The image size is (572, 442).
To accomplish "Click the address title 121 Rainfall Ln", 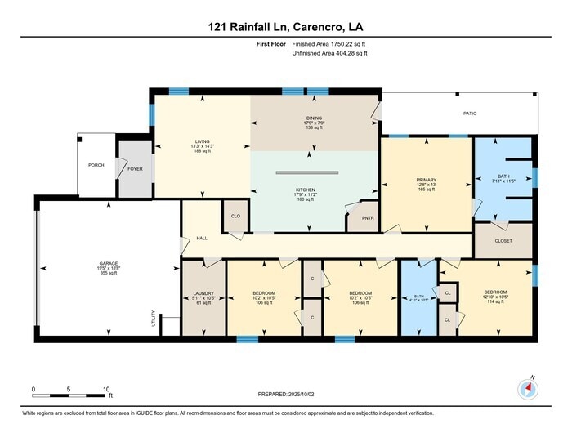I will pyautogui.click(x=285, y=26).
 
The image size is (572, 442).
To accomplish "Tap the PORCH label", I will pyautogui.click(x=96, y=165).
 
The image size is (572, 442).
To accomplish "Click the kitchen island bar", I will pyautogui.click(x=315, y=172).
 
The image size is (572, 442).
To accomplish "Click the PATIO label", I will pyautogui.click(x=469, y=114).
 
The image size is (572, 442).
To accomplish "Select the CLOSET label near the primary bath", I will pyautogui.click(x=504, y=242).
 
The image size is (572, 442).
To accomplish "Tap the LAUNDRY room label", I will pyautogui.click(x=203, y=293).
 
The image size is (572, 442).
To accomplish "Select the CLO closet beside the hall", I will pyautogui.click(x=235, y=217).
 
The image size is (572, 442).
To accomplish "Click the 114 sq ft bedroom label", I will pyautogui.click(x=496, y=293).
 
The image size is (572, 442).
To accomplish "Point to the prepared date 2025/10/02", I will pyautogui.click(x=285, y=395).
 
